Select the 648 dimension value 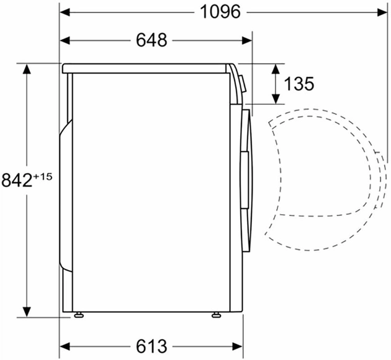151,40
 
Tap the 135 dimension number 299,84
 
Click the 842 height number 17,181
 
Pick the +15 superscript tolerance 42,176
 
